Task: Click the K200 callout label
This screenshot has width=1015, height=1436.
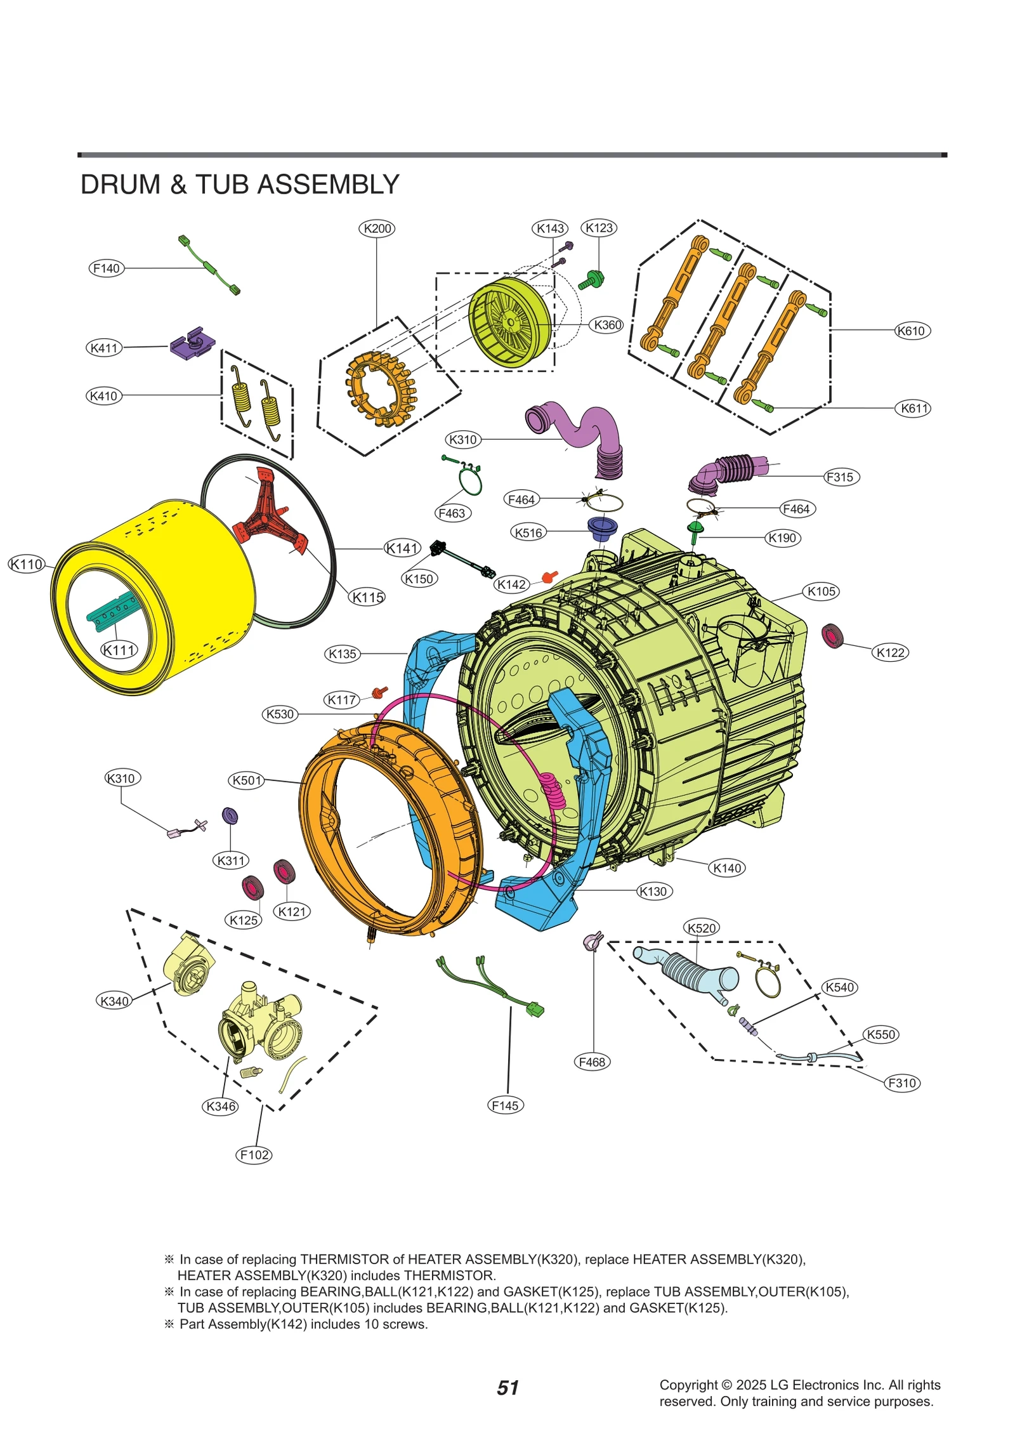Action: tap(377, 228)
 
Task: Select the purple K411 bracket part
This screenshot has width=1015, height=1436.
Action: tap(192, 343)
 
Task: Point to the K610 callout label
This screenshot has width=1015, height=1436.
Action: tap(912, 331)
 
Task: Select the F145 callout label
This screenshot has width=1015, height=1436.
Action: tap(506, 1105)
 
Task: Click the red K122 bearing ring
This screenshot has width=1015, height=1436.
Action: tap(832, 636)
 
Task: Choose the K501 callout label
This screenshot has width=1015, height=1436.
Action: tap(247, 780)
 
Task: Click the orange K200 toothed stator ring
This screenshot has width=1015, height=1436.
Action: tap(381, 388)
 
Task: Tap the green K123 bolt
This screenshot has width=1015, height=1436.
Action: tap(593, 279)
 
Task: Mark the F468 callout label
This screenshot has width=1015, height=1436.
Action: tap(592, 1062)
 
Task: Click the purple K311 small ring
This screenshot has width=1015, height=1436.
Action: tap(230, 816)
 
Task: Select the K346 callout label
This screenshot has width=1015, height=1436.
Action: tap(221, 1106)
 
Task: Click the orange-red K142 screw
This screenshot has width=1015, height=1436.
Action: tap(549, 576)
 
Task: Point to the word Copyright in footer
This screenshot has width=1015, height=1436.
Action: tap(688, 1385)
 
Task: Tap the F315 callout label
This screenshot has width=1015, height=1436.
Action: tap(841, 477)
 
